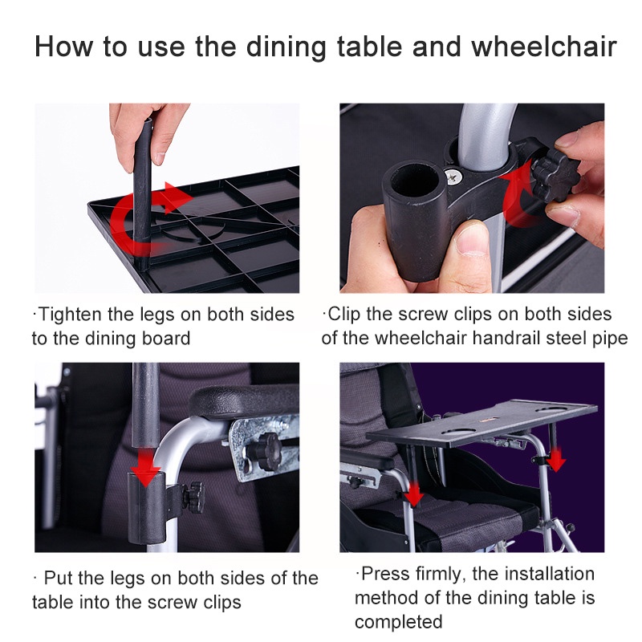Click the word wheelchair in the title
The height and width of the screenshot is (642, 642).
click(x=544, y=47)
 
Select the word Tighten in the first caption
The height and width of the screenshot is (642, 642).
click(x=70, y=315)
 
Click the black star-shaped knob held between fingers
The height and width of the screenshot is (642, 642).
click(x=555, y=175)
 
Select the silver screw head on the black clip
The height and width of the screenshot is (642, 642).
click(x=454, y=177)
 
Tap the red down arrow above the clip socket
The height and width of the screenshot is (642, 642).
click(x=144, y=468)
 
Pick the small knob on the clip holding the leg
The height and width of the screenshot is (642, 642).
click(x=193, y=496)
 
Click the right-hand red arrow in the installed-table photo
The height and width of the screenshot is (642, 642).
click(x=556, y=459)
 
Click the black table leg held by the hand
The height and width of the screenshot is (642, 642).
click(x=144, y=193)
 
